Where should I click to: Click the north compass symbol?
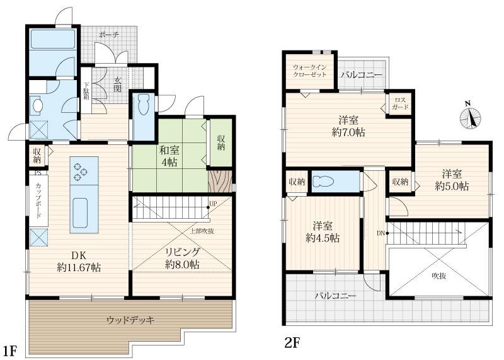(470, 117)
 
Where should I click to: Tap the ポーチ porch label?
(108, 35)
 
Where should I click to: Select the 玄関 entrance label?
(118, 85)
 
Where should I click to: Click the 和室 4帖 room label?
(169, 156)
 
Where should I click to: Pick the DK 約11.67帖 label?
(79, 261)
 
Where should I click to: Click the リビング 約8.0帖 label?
(182, 258)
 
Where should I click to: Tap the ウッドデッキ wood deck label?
(131, 320)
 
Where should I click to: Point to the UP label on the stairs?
(213, 203)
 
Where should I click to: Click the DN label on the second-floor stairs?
(381, 233)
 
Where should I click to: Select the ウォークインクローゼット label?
(309, 71)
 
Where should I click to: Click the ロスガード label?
(400, 104)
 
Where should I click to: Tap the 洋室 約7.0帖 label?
(348, 127)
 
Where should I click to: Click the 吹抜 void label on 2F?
(439, 276)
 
